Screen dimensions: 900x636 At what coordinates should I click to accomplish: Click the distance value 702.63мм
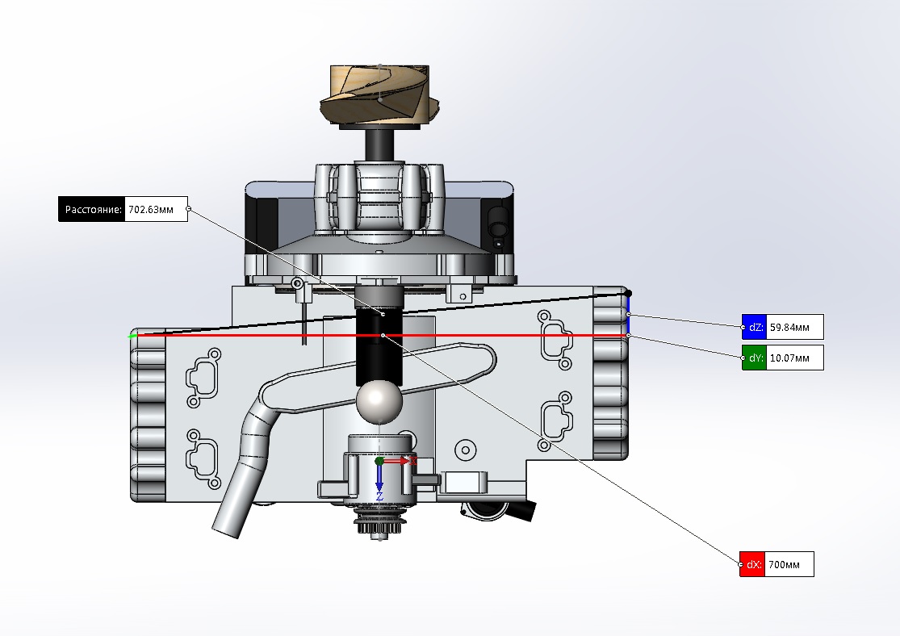click(151, 210)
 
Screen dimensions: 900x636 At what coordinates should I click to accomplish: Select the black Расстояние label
click(92, 210)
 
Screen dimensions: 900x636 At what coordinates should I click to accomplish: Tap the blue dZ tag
click(754, 327)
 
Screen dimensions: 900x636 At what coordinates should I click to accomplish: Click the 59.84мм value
click(789, 327)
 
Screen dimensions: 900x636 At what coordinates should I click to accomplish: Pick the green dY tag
click(754, 358)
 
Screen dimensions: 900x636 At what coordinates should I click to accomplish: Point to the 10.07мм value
click(789, 358)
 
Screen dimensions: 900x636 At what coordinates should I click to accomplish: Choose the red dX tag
click(752, 564)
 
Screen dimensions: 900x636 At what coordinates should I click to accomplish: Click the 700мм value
click(784, 564)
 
